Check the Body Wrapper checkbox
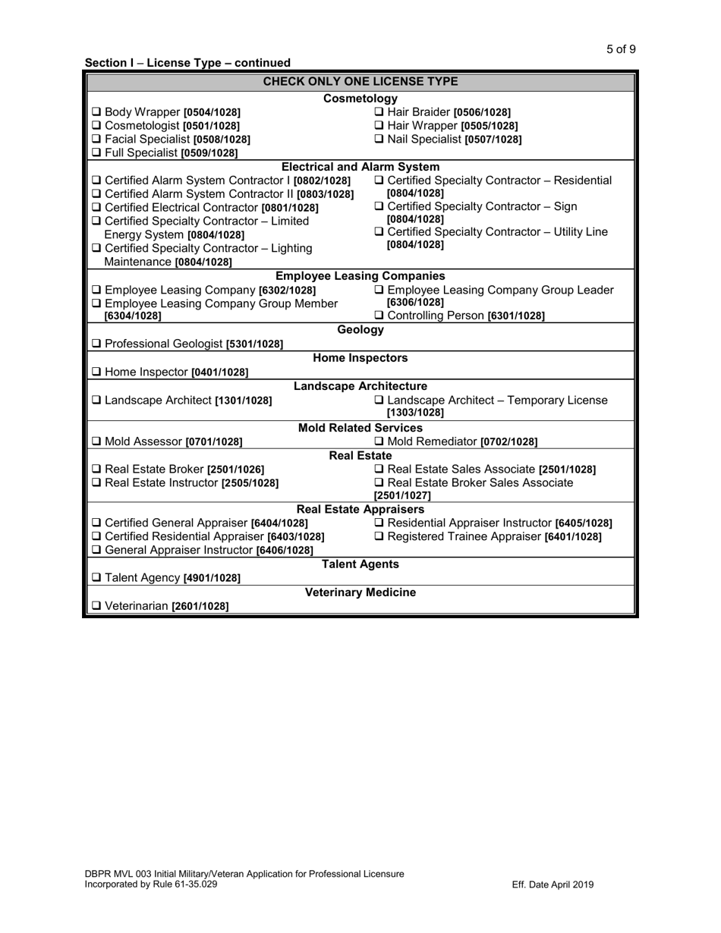96,112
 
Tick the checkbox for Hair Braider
380,112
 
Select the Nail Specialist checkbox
380,140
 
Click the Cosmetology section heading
360,99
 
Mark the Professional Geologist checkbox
96,344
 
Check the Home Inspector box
96,372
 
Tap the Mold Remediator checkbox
380,441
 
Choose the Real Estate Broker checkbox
96,470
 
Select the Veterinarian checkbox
96,607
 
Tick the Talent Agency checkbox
96,579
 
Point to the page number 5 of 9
621,50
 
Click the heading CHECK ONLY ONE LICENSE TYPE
360,82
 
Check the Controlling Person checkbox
380,316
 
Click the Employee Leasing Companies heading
360,276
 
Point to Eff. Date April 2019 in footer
553,884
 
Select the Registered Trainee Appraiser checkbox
380,537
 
